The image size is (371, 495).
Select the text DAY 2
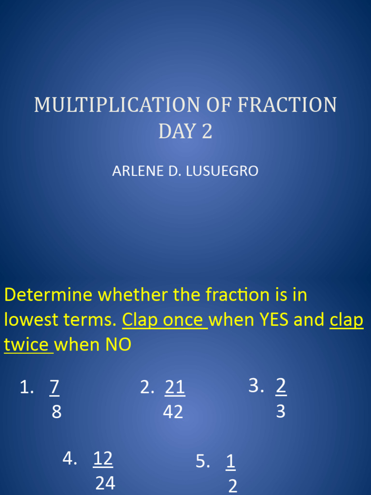point(185,131)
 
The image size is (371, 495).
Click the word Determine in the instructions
point(42,294)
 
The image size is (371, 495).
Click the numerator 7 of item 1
point(55,387)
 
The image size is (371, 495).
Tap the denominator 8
point(57,412)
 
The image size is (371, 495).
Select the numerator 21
point(175,387)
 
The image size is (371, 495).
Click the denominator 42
point(173,412)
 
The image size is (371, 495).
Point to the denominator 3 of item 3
point(281,411)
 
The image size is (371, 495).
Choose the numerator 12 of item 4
point(103,458)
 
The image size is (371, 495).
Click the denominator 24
point(105,483)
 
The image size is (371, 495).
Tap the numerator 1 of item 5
point(230,462)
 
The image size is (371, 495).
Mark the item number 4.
point(68,458)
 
